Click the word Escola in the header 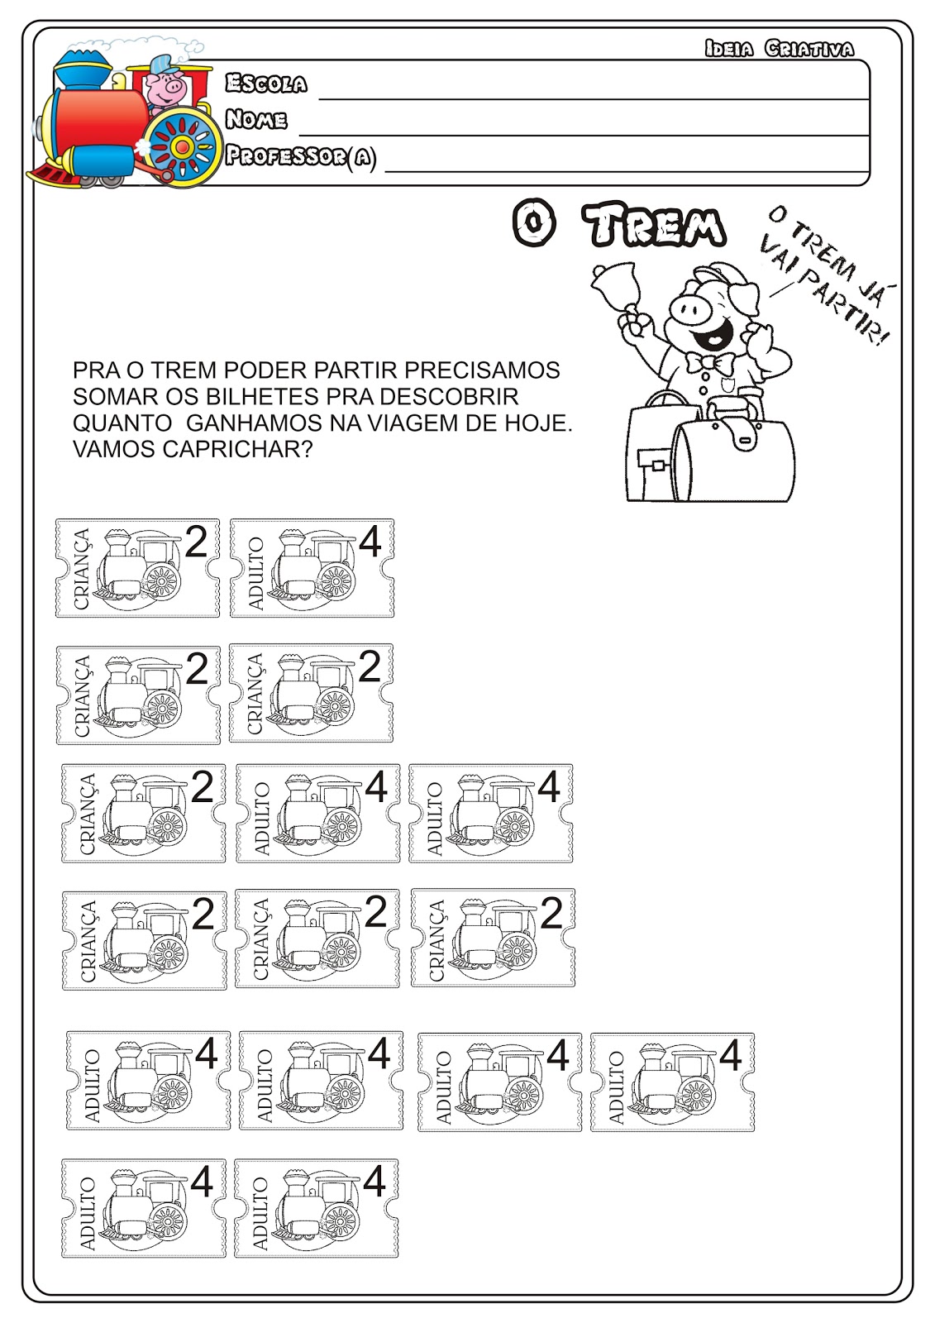pos(266,84)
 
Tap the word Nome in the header pos(256,119)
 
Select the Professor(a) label pos(301,156)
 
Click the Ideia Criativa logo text pos(780,49)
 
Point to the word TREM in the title pos(655,224)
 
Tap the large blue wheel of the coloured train pos(183,146)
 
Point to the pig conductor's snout pos(692,307)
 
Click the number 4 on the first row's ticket pos(370,542)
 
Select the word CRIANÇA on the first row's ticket pos(81,569)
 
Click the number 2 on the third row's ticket pos(202,786)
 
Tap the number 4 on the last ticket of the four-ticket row pos(730,1055)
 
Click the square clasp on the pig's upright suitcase pos(657,466)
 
